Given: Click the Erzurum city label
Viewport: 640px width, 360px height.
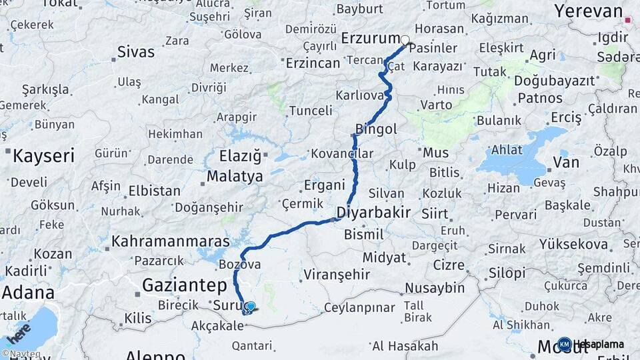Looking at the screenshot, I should coord(371,38).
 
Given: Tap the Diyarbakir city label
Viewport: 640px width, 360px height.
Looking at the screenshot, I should coord(373,213).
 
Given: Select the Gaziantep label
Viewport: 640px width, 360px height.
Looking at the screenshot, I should coord(184,286).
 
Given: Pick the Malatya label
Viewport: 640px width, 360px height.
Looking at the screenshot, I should coord(236,177).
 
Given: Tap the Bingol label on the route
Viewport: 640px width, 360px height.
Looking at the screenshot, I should coord(376,129).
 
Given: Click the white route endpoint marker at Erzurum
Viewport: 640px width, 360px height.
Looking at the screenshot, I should coord(405,40).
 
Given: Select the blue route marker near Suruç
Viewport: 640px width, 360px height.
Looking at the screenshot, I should coord(250,307).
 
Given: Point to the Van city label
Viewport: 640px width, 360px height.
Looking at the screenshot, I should coord(566,162).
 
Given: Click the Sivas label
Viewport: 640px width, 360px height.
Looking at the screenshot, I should coord(135,51).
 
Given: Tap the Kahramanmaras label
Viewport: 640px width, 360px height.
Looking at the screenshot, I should coord(171,241).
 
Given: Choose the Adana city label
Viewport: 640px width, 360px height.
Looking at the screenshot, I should coord(28,293).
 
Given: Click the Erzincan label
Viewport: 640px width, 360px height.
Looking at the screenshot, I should coord(313,63).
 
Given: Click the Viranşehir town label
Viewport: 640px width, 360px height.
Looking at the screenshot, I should coord(336,274).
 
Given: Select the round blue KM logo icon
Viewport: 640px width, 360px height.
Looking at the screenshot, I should coord(564,345).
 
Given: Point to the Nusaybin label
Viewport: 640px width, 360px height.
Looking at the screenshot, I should coord(435,288).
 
